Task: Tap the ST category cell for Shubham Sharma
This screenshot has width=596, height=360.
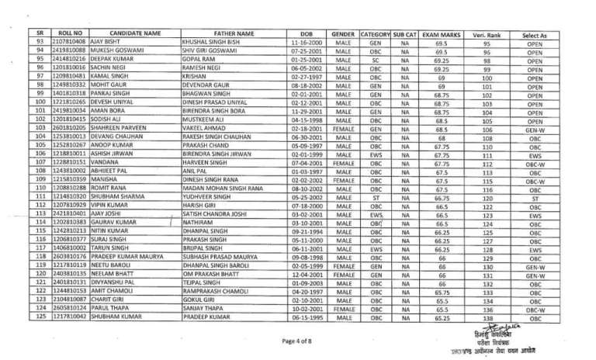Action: tap(376, 198)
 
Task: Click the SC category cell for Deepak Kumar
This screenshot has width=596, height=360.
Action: tap(376, 62)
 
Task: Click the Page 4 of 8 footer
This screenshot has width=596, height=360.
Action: tap(296, 340)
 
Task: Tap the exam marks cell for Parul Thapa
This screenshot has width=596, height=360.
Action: tap(440, 309)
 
